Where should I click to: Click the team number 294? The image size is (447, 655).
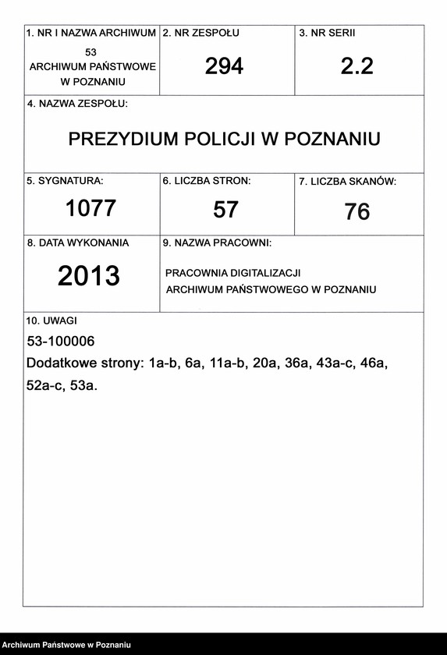tap(224, 67)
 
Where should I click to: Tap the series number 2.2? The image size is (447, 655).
tap(357, 67)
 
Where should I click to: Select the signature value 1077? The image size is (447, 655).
tap(90, 208)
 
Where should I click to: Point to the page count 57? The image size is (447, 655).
tap(225, 209)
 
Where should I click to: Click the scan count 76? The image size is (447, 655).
tap(357, 211)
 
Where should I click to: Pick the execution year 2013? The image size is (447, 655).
tap(89, 276)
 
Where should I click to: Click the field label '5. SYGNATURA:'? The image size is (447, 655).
tap(65, 181)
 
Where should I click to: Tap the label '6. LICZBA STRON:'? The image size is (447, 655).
tap(206, 181)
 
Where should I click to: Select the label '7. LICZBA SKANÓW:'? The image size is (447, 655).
tap(347, 182)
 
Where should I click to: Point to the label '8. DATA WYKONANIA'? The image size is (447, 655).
tap(78, 243)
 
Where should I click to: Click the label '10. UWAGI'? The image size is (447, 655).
tap(51, 320)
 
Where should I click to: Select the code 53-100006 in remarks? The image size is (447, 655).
tap(60, 342)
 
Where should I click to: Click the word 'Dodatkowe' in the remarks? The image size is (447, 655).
tap(59, 363)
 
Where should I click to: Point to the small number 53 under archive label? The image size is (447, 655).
tap(92, 51)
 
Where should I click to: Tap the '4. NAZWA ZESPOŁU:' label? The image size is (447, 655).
tap(77, 104)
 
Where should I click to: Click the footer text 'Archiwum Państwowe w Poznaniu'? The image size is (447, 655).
tap(66, 645)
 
